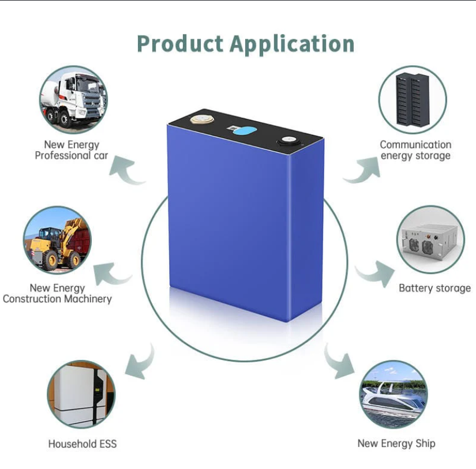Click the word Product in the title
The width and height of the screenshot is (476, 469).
click(181, 44)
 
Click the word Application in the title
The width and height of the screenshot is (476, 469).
click(292, 44)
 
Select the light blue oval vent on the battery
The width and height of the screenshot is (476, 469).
click(245, 131)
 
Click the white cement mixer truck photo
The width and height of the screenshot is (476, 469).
click(74, 100)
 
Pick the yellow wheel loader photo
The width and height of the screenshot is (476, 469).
click(57, 240)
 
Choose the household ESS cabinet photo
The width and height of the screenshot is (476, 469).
click(81, 395)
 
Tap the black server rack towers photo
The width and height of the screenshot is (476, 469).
click(413, 100)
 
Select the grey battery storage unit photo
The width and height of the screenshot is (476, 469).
click(430, 239)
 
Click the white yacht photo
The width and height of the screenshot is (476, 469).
click(393, 395)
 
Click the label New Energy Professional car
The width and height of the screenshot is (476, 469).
click(72, 150)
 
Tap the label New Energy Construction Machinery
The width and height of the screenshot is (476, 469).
click(57, 293)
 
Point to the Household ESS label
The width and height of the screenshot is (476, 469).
click(83, 444)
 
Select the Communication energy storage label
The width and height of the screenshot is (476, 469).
click(415, 150)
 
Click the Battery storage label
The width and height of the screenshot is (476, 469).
click(434, 288)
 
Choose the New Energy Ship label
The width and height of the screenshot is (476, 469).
click(396, 444)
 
